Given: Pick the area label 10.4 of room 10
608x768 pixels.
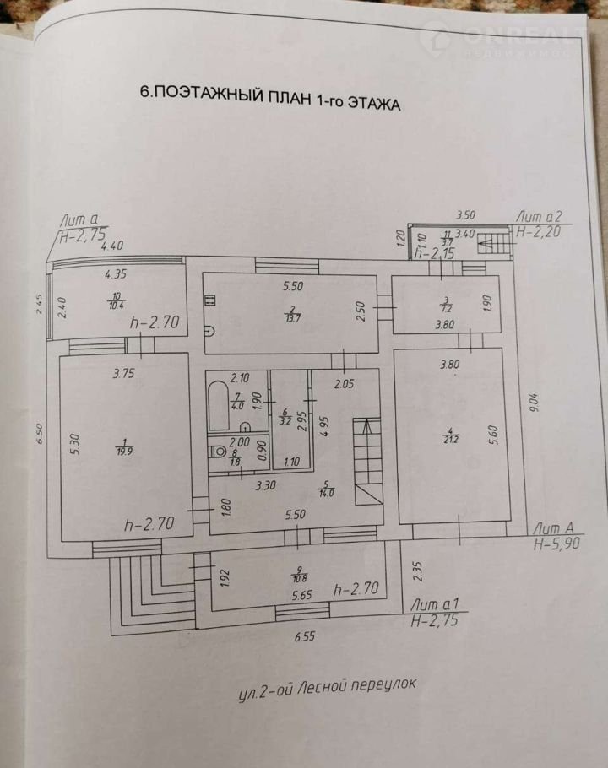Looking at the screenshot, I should click(115, 302).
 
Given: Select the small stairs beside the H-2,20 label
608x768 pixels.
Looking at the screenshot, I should click(494, 245).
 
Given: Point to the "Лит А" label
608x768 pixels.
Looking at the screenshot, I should click(552, 527).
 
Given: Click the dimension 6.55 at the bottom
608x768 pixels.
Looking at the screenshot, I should click(305, 638).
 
